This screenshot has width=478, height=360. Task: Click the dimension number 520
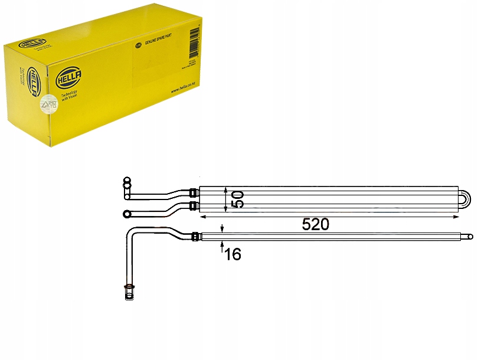[x=315, y=224]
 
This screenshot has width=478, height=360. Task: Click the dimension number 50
[x=238, y=199]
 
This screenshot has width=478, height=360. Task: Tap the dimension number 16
[x=233, y=254]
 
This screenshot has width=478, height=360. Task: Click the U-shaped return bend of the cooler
[x=466, y=199]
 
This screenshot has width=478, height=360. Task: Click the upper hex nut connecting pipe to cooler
[x=193, y=191]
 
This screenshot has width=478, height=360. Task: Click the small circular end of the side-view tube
[x=470, y=237]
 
